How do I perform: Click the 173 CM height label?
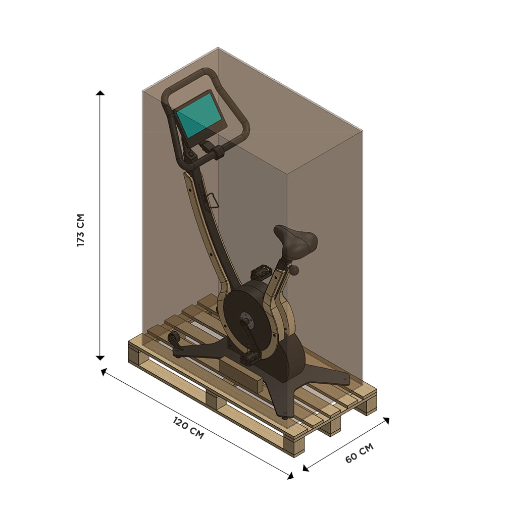point(80,230)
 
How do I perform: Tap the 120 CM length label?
point(188,427)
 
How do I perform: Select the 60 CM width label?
point(359,452)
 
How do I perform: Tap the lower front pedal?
point(250,358)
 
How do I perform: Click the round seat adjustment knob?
point(294,270)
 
